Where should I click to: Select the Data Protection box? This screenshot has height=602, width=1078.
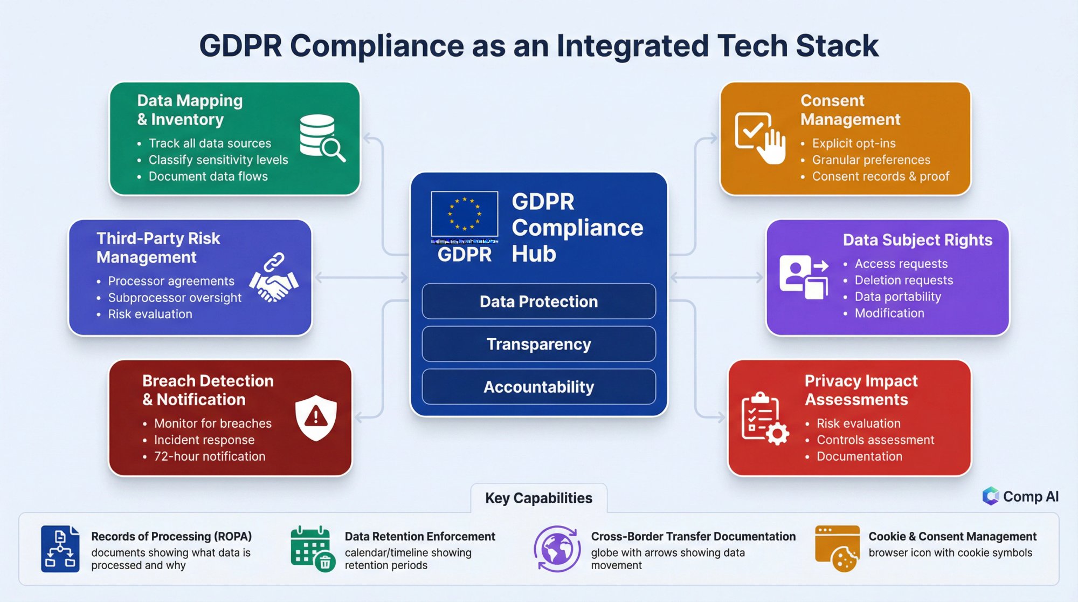coord(538,301)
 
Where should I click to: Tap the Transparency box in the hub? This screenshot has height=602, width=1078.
coord(538,344)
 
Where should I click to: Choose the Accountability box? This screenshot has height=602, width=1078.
coord(538,387)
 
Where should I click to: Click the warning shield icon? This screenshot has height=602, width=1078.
coord(316,417)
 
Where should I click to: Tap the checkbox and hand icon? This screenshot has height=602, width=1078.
coord(760,138)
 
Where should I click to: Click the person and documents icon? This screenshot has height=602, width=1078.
coord(803,276)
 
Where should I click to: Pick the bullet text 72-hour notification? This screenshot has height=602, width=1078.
coord(210,456)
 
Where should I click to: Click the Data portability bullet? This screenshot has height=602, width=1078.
coord(898,297)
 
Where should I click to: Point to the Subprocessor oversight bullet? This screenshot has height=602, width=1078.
coord(175,298)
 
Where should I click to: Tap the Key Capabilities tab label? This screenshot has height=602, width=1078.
coord(538,498)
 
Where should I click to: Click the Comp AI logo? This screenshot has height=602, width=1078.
coord(1020,496)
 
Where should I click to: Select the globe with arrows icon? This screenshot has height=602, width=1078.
coord(557,549)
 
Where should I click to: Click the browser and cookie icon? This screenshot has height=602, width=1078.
coord(837,549)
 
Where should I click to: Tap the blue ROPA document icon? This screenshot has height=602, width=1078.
coord(60,549)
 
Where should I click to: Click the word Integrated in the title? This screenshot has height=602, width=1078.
coord(632,45)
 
